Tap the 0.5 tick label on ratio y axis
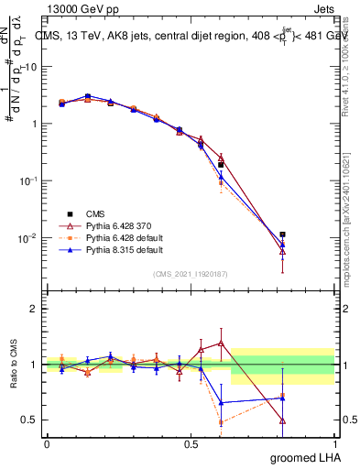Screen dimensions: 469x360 (29, 420)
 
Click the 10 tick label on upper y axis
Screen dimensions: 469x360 (30, 67)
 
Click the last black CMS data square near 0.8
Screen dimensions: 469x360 (283, 234)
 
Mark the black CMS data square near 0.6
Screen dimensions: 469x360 (221, 165)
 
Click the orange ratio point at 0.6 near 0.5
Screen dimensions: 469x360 (221, 422)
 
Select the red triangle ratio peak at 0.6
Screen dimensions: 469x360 (221, 343)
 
